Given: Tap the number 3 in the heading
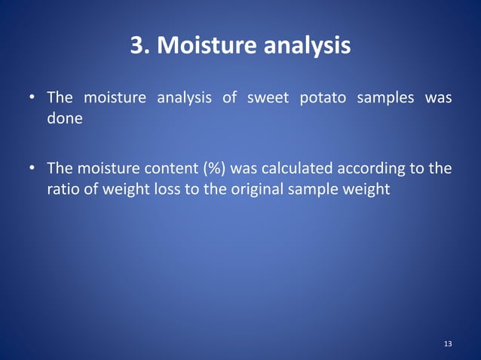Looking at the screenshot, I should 137,46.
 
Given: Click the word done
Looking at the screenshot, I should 65,120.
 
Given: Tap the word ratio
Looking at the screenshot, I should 63,189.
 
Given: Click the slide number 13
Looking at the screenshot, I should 448,344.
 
